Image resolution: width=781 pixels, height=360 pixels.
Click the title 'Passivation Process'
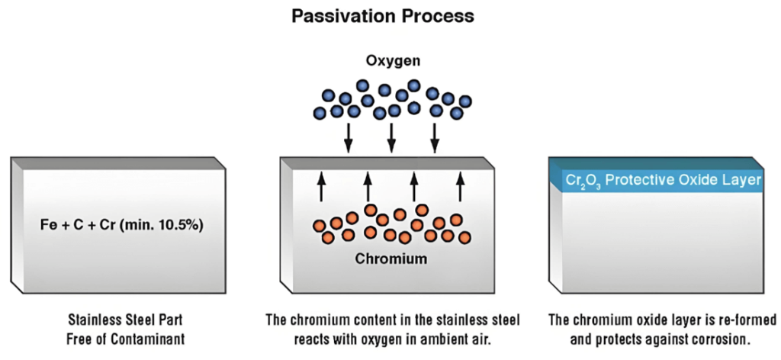coord(382,16)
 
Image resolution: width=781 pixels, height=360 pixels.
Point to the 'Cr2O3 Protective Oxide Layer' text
coord(664,180)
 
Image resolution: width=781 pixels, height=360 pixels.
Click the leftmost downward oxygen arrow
coord(349,138)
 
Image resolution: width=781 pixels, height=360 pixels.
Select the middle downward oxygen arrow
coord(391,138)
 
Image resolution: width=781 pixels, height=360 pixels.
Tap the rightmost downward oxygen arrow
coord(435,138)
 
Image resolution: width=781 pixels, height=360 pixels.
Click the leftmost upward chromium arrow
coord(322,186)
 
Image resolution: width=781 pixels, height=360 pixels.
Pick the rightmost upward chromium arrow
coord(460,186)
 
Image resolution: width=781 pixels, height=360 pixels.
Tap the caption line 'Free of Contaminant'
coord(126,339)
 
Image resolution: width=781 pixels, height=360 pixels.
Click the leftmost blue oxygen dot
coord(320,113)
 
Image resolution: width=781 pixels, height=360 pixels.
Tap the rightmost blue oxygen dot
coord(465,101)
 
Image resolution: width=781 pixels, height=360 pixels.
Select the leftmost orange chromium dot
coord(319,227)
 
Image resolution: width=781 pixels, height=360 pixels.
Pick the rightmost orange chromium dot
coord(464,237)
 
